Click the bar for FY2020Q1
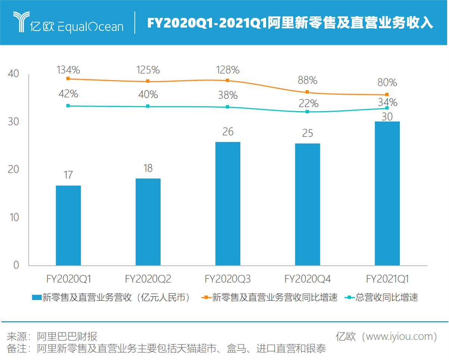pos(68,225)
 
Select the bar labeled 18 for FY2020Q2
pos(148,222)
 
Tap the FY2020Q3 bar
pos(228,204)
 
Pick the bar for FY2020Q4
pos(307,204)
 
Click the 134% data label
pos(68,70)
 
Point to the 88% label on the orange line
pos(308,80)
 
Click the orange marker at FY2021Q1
pos(387,95)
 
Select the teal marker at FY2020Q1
pos(68,106)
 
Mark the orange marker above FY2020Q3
pos(228,81)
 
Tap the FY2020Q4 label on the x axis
pos(307,279)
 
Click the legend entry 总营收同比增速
pos(386,297)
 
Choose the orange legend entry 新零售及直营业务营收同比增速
pos(275,297)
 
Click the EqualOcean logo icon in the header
pos(21,22)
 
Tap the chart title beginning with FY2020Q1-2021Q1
pos(290,23)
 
